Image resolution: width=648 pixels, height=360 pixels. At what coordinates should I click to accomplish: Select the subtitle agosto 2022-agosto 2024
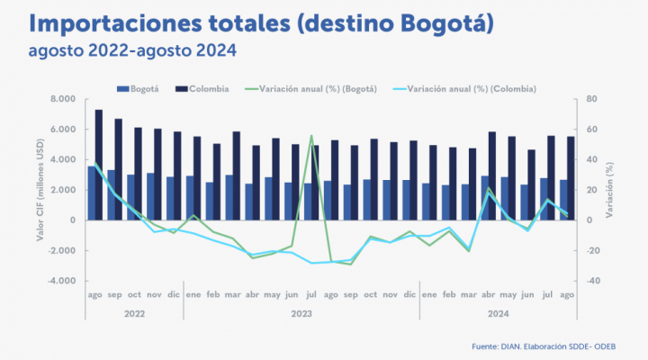(119, 50)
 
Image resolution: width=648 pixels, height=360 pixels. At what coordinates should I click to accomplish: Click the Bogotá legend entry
(139, 89)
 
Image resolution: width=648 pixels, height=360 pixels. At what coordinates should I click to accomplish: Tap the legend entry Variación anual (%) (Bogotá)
(310, 89)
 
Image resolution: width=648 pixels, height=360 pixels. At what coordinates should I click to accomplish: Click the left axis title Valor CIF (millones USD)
(41, 190)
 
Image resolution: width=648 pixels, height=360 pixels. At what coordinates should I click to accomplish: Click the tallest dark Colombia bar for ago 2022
(99, 162)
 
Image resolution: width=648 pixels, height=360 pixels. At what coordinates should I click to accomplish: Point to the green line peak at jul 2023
(311, 136)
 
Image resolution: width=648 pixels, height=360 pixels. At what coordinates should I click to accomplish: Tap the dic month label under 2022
(174, 294)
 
